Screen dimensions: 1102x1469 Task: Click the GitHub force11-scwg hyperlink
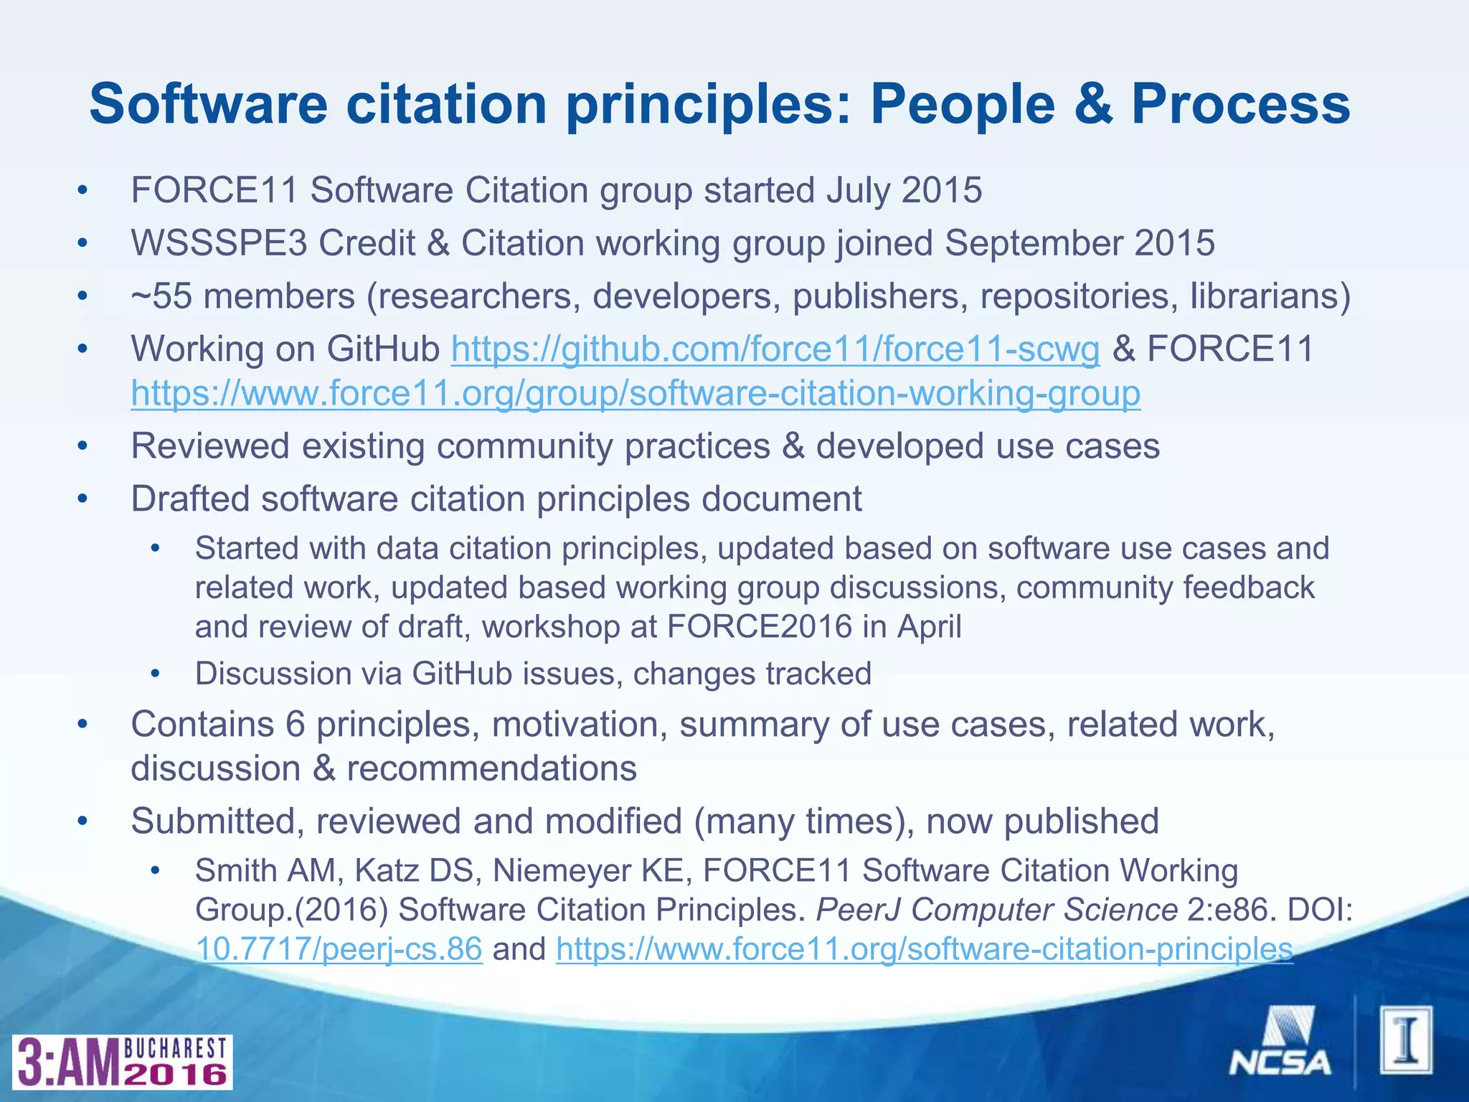pos(775,349)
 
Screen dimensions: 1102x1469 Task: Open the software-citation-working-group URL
pos(636,394)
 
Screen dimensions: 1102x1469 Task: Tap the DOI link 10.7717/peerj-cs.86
pos(339,948)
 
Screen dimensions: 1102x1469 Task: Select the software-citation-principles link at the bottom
pos(924,948)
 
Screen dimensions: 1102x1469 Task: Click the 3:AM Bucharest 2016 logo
pos(122,1063)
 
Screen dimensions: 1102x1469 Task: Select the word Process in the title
pos(1241,104)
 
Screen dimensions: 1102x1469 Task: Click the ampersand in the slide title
pos(1093,104)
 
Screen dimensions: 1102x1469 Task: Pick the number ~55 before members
pos(161,296)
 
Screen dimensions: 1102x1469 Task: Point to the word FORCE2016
pos(759,626)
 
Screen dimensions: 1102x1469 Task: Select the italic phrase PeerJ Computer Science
pos(997,910)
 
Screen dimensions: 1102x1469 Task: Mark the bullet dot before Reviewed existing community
pos(82,447)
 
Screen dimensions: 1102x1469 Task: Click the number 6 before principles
pos(295,725)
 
